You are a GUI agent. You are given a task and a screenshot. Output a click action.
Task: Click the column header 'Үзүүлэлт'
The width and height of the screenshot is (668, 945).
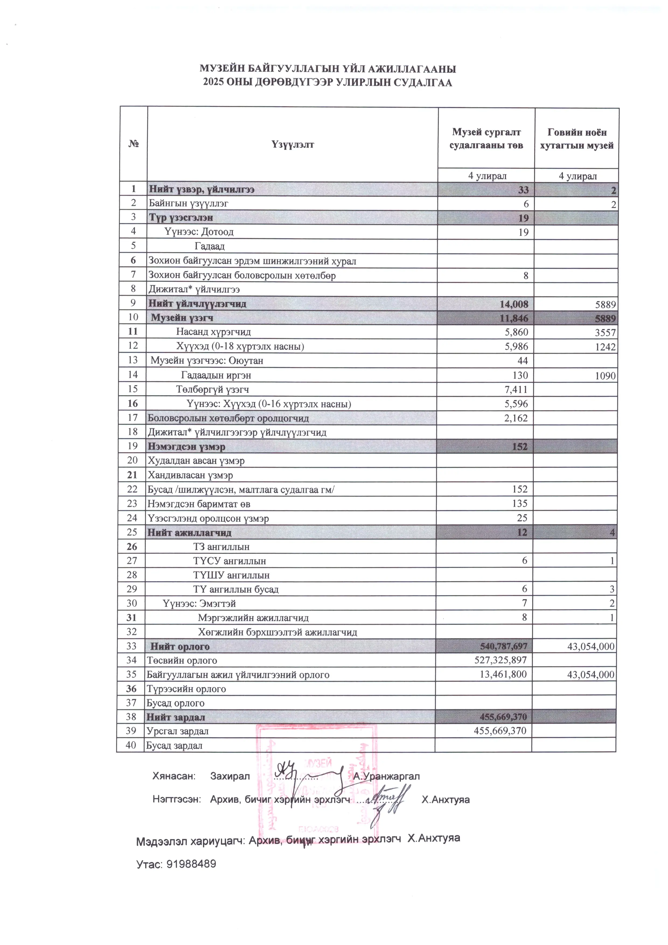click(x=293, y=144)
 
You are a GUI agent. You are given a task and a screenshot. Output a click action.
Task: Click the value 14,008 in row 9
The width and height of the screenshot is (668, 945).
click(x=514, y=304)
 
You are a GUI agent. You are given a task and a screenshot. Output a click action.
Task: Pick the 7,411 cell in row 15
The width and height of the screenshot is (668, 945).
click(x=516, y=389)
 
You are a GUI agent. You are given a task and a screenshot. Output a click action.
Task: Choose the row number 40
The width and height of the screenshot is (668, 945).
click(x=131, y=745)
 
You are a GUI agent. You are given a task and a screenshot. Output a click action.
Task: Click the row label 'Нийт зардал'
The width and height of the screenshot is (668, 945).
click(x=176, y=717)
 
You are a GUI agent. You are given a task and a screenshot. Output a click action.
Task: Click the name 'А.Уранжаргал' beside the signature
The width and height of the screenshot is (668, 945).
click(x=386, y=776)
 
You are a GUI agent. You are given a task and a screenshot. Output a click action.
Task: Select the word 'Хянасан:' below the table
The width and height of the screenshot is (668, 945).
click(x=172, y=776)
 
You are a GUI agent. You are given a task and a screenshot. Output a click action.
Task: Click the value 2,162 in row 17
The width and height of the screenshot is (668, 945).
click(x=516, y=418)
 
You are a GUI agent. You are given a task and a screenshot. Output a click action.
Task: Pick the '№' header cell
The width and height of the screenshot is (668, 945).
click(x=133, y=144)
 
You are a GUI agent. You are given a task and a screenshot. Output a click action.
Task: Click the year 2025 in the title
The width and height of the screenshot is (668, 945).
click(x=214, y=83)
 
